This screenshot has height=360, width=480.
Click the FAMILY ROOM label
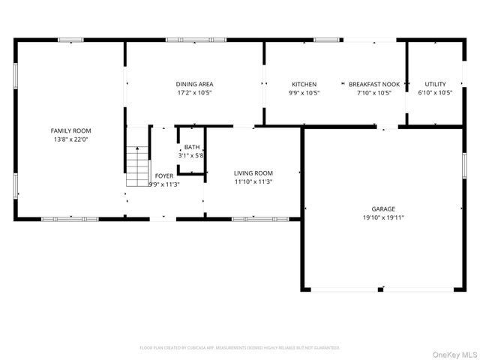coord(71,130)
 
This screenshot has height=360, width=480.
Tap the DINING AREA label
coord(194,84)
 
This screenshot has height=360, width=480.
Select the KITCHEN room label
coord(304,84)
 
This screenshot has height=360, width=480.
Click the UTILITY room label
coord(435,84)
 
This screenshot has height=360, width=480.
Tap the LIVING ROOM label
coord(253,172)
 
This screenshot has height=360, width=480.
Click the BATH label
coord(192,147)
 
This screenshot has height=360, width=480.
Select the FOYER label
coord(163,175)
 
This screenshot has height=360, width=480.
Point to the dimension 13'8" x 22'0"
coord(71,139)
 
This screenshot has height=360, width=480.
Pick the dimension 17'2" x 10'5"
coord(194,93)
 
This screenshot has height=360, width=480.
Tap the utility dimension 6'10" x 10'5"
coord(435,93)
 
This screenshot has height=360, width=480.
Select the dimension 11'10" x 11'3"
coord(253,181)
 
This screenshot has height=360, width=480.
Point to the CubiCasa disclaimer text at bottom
coord(240,348)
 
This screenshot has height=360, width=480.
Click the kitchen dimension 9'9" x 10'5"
coord(304,93)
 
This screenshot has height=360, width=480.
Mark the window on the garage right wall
coord(465,164)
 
